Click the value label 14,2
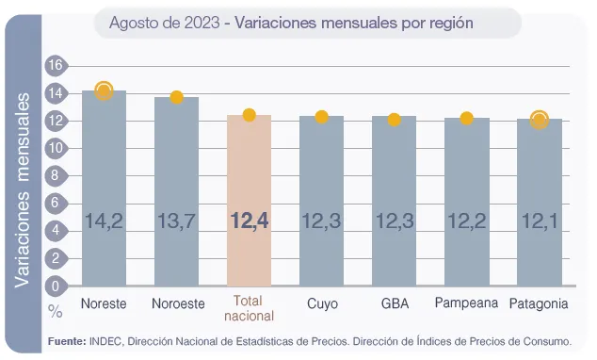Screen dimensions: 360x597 click(x=104, y=221)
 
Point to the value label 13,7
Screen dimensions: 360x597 click(x=176, y=221)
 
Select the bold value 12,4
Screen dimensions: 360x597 click(x=250, y=221)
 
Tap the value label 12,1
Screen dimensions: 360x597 click(x=539, y=221)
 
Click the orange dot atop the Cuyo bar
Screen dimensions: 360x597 click(x=321, y=117)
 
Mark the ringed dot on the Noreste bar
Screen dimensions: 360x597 click(x=104, y=90)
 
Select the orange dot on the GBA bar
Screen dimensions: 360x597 click(x=394, y=120)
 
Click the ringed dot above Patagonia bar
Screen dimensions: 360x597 click(x=539, y=120)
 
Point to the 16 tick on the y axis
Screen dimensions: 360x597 click(x=55, y=65)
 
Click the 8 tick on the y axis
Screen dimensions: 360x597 click(x=55, y=175)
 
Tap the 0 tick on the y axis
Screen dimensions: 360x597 click(x=55, y=286)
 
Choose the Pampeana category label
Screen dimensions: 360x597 click(x=466, y=303)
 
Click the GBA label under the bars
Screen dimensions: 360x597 click(x=394, y=303)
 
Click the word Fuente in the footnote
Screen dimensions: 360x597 click(x=66, y=339)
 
